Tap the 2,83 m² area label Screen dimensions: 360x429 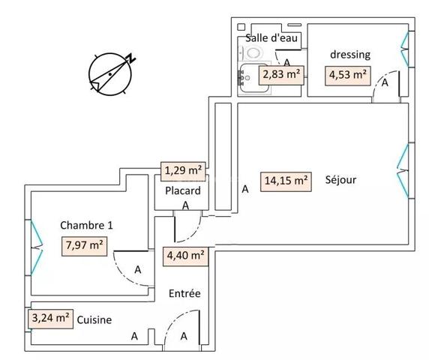coord(280,74)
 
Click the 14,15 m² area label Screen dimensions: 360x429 coord(286,180)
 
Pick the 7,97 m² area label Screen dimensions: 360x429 coord(83,244)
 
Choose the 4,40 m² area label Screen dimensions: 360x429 coord(184,255)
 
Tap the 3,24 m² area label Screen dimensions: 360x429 coord(51,318)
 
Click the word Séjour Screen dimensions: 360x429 coord(340,180)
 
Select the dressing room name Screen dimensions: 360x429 coord(350,55)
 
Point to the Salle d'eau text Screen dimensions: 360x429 coord(268,38)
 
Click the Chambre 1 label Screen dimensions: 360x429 coord(87,224)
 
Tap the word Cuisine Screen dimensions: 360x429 coord(94,319)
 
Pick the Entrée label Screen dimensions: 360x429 coord(184,293)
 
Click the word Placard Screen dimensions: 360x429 coord(183,191)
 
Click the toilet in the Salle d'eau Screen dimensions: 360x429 coord(249,52)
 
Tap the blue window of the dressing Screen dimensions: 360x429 coord(405,49)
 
